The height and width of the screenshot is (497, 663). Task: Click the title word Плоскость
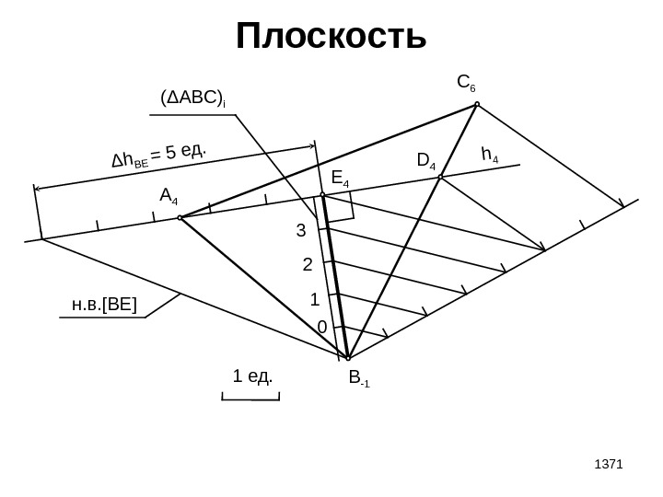coord(331,39)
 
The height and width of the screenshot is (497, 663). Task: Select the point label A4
coord(169,196)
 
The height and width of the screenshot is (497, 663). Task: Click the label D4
coord(426,162)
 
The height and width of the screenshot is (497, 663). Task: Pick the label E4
coord(340,178)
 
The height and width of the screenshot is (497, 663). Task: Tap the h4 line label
coord(490,156)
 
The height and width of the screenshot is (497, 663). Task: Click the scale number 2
coord(308,266)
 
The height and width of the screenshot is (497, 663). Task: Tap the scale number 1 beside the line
coord(314,300)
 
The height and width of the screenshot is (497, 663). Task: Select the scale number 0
coord(321,328)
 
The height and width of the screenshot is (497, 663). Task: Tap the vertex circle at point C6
coord(477,104)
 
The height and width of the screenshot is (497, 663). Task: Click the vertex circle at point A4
coord(180,218)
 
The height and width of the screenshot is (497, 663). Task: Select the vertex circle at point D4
coord(441,177)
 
